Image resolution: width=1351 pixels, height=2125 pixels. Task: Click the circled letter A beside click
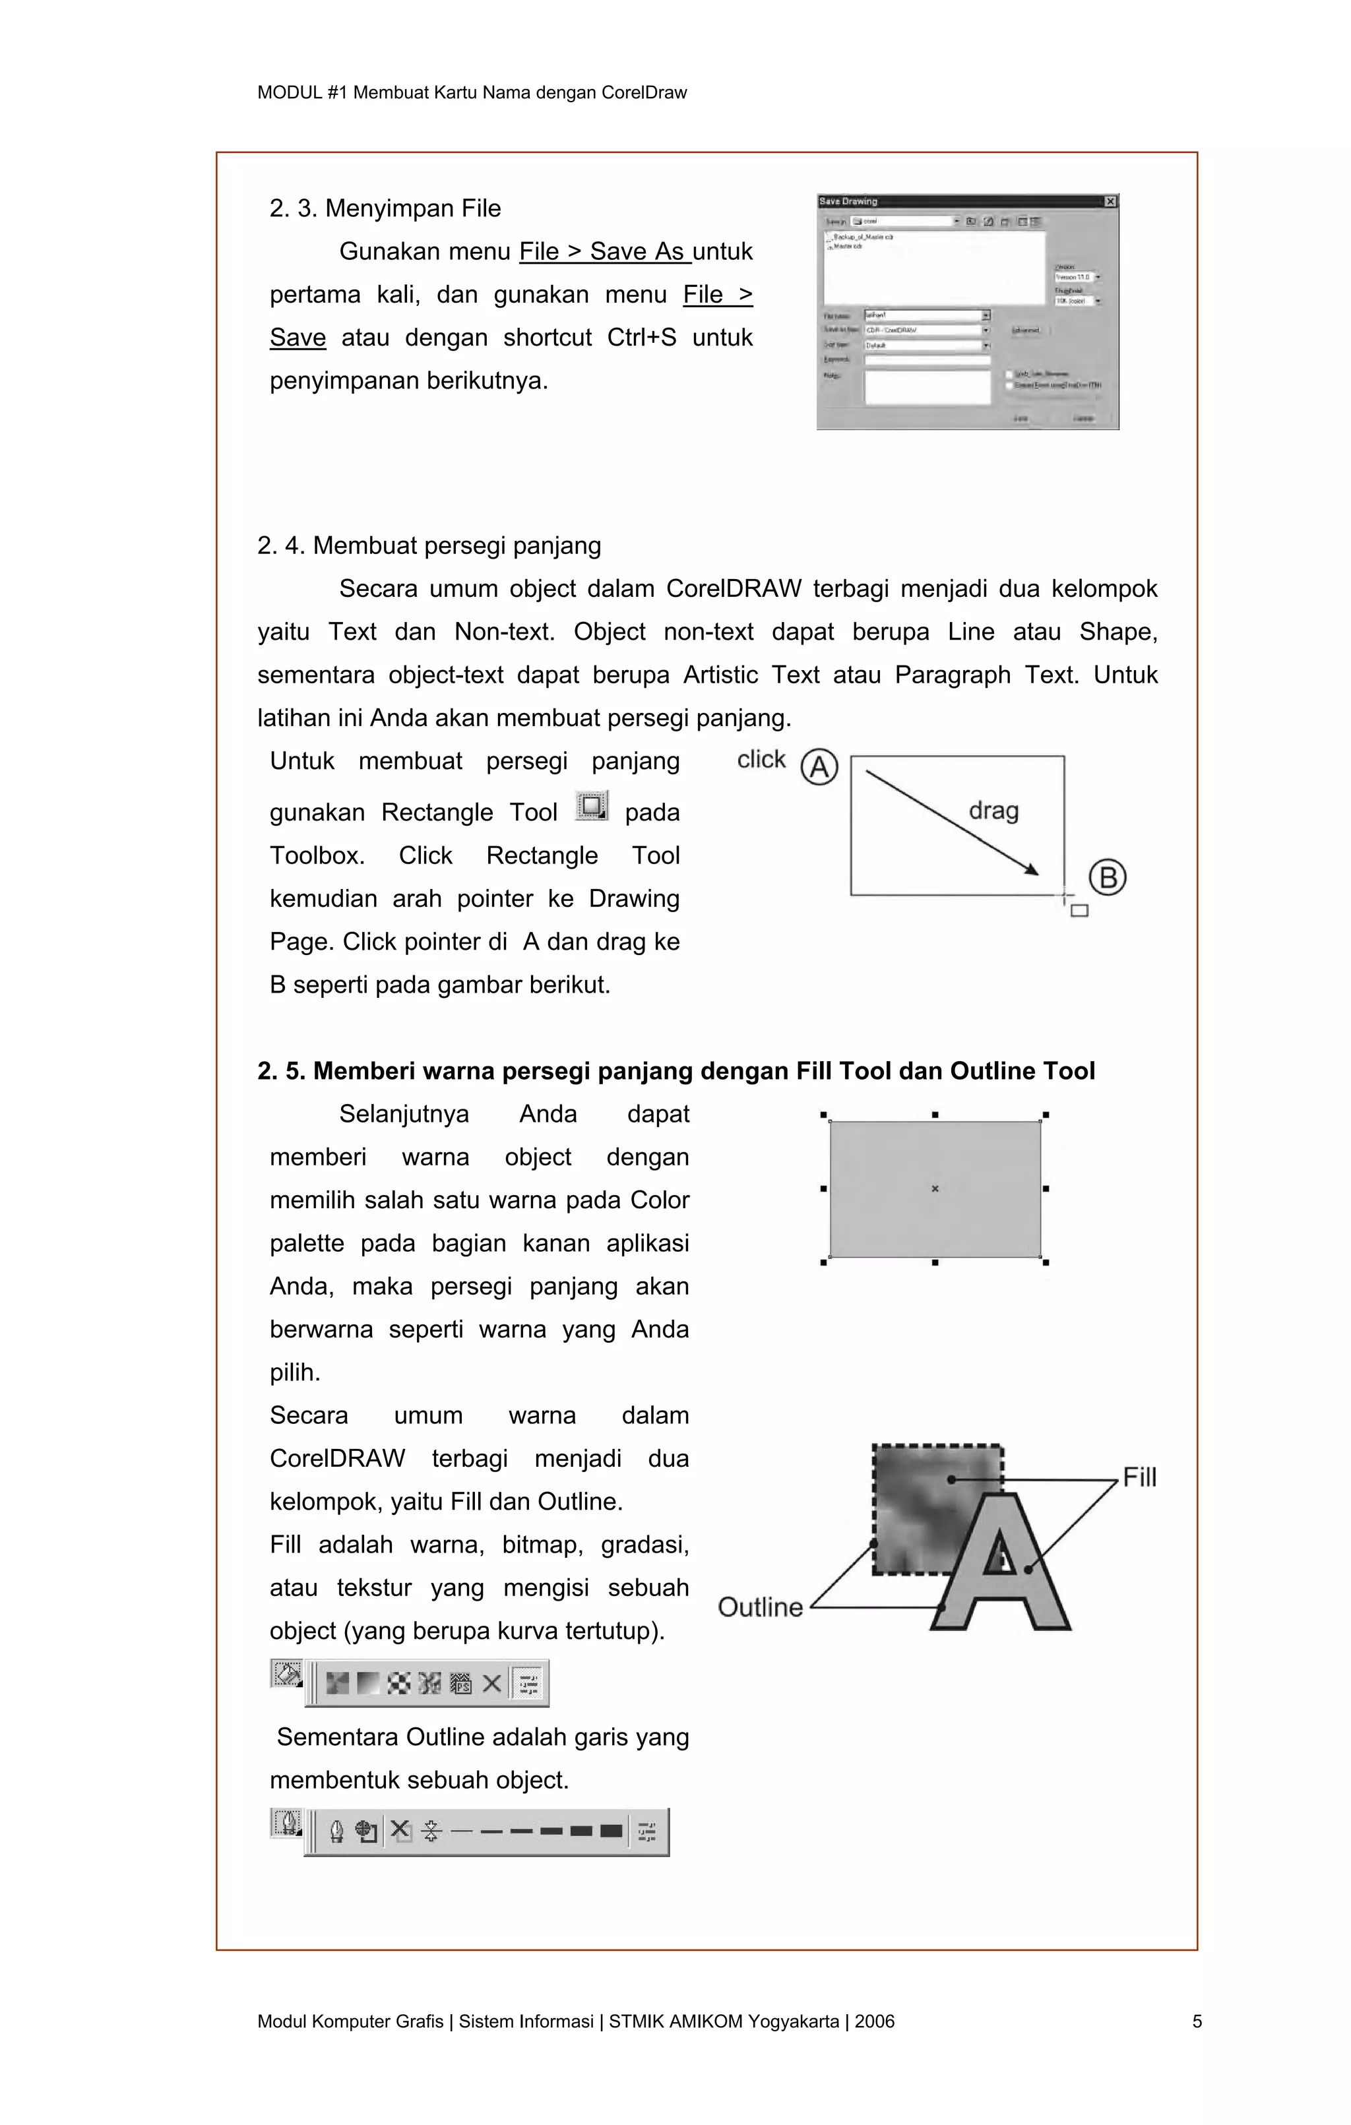[819, 767]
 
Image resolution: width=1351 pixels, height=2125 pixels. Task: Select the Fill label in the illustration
[1139, 1477]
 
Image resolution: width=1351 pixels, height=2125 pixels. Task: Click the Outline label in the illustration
[760, 1607]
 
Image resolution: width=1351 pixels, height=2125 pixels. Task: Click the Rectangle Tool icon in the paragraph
[591, 807]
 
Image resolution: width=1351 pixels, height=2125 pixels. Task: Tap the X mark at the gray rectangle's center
[935, 1188]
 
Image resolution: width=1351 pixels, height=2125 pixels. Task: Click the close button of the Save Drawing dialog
[1110, 202]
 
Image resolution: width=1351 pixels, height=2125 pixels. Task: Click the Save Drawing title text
[848, 202]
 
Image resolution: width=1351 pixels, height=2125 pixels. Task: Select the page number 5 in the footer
[1197, 2021]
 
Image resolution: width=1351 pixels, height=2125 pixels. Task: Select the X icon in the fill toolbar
[491, 1684]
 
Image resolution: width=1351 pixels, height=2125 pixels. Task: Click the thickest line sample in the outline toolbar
[611, 1831]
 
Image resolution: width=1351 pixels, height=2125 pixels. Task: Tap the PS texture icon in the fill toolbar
[460, 1684]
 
